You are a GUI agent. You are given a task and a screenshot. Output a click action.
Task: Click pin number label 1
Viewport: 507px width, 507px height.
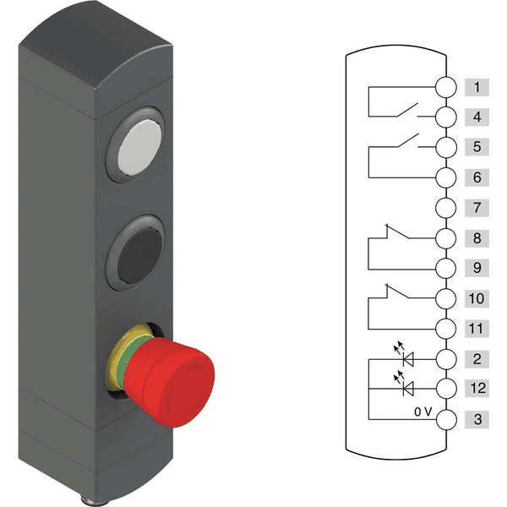[x=477, y=87]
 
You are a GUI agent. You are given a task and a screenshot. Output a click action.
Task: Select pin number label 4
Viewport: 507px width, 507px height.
[x=477, y=117]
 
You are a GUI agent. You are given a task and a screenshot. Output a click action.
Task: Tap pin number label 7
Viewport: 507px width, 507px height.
[x=477, y=207]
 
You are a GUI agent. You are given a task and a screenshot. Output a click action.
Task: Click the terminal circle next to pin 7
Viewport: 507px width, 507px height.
[x=445, y=207]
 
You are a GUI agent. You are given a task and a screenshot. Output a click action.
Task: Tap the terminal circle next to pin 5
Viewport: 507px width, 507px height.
[x=445, y=147]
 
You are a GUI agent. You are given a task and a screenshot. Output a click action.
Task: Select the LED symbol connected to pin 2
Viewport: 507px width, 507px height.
[x=409, y=358]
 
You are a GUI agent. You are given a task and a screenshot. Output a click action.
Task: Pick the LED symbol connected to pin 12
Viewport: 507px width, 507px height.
[x=409, y=388]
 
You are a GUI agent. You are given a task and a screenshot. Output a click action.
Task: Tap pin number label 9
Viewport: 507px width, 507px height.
[x=477, y=267]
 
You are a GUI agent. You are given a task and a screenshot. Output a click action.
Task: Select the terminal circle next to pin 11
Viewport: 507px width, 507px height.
[x=445, y=327]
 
